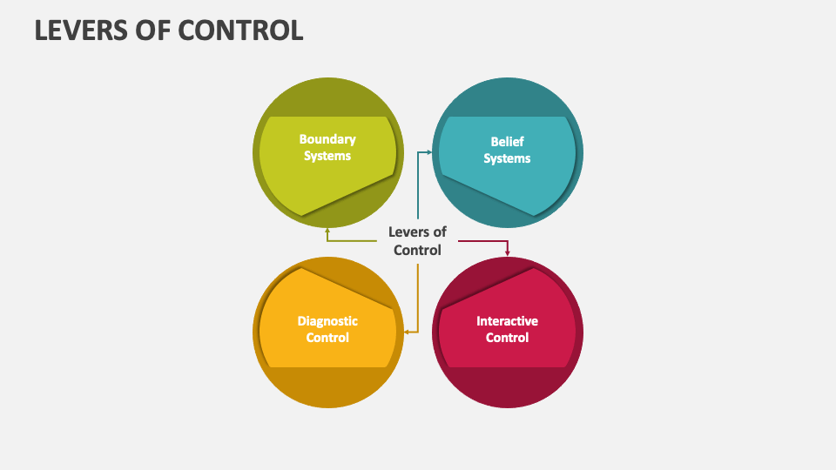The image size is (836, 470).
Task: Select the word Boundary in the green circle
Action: click(327, 139)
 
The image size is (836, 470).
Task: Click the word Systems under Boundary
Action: click(327, 156)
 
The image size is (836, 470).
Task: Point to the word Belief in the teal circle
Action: click(508, 141)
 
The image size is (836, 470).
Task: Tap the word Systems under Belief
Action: click(507, 158)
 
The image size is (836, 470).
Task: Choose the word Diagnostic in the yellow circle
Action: click(327, 321)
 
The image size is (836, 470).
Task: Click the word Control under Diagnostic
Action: click(327, 338)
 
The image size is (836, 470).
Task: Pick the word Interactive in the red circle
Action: click(507, 321)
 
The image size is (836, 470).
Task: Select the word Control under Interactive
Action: click(507, 338)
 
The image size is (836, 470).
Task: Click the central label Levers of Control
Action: click(417, 241)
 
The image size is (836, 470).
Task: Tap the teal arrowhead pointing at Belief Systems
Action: click(428, 151)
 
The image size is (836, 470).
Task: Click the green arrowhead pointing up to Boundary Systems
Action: click(327, 232)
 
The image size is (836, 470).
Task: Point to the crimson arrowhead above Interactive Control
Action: click(508, 252)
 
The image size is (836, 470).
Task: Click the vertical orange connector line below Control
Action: click(418, 296)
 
